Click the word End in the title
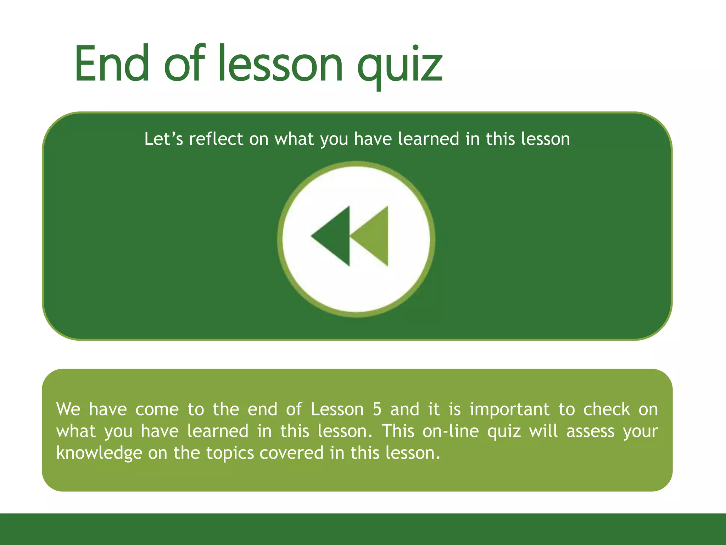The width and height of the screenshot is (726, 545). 112,64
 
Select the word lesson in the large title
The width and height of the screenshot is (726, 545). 280,64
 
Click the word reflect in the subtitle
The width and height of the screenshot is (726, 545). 216,139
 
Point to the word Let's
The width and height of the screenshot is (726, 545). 163,139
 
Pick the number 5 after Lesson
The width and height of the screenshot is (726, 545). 377,409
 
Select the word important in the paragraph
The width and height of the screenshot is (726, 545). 509,409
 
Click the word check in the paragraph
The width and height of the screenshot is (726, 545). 607,409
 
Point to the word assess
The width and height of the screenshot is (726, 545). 590,431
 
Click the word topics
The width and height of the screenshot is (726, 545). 230,453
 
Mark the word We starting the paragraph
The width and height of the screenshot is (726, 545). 68,409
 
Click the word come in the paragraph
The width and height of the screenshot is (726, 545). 157,409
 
